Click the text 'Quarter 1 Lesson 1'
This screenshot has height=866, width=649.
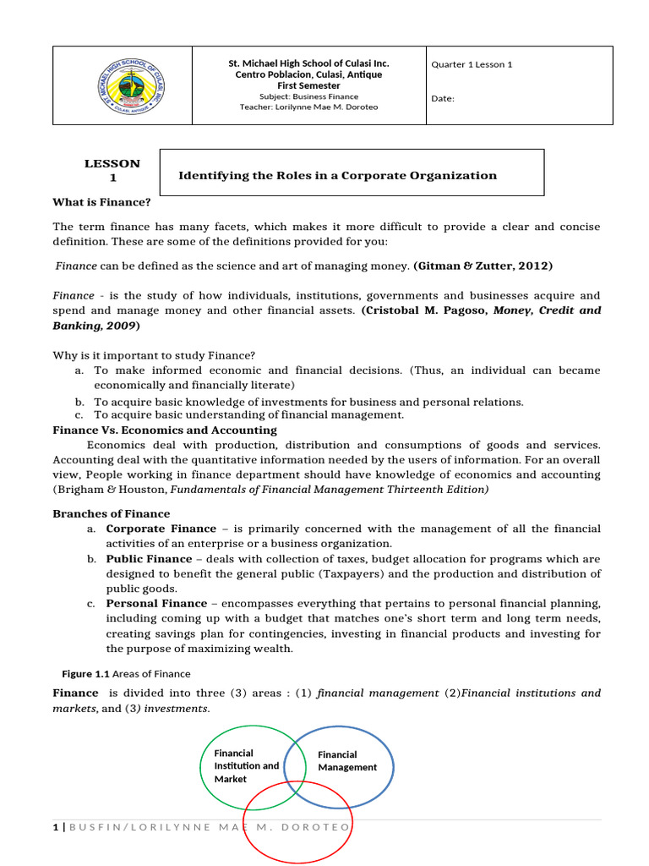point(472,64)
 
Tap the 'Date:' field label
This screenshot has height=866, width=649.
point(443,98)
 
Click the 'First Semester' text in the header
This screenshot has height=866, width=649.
point(308,85)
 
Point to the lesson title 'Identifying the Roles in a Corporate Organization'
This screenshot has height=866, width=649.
point(337,176)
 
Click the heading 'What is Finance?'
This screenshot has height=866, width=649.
point(102,201)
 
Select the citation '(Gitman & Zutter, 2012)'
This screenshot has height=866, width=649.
point(483,266)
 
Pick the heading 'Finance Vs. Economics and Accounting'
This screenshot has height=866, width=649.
point(165,430)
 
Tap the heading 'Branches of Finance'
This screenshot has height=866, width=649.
point(112,513)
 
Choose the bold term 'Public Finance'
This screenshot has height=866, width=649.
point(149,559)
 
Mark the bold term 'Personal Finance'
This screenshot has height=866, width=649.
point(156,603)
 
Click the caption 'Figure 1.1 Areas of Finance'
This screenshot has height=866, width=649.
point(127,674)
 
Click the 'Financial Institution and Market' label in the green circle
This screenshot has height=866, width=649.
point(246,765)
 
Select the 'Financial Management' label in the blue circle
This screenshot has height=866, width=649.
point(346,761)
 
